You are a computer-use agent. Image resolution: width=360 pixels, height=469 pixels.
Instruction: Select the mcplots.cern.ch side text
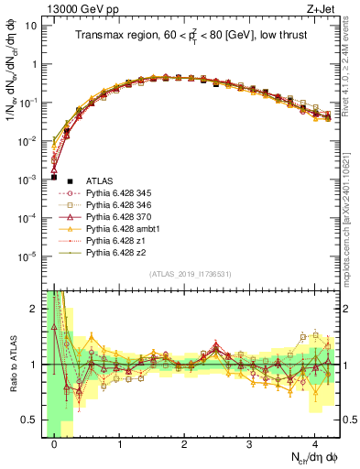click(353, 211)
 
